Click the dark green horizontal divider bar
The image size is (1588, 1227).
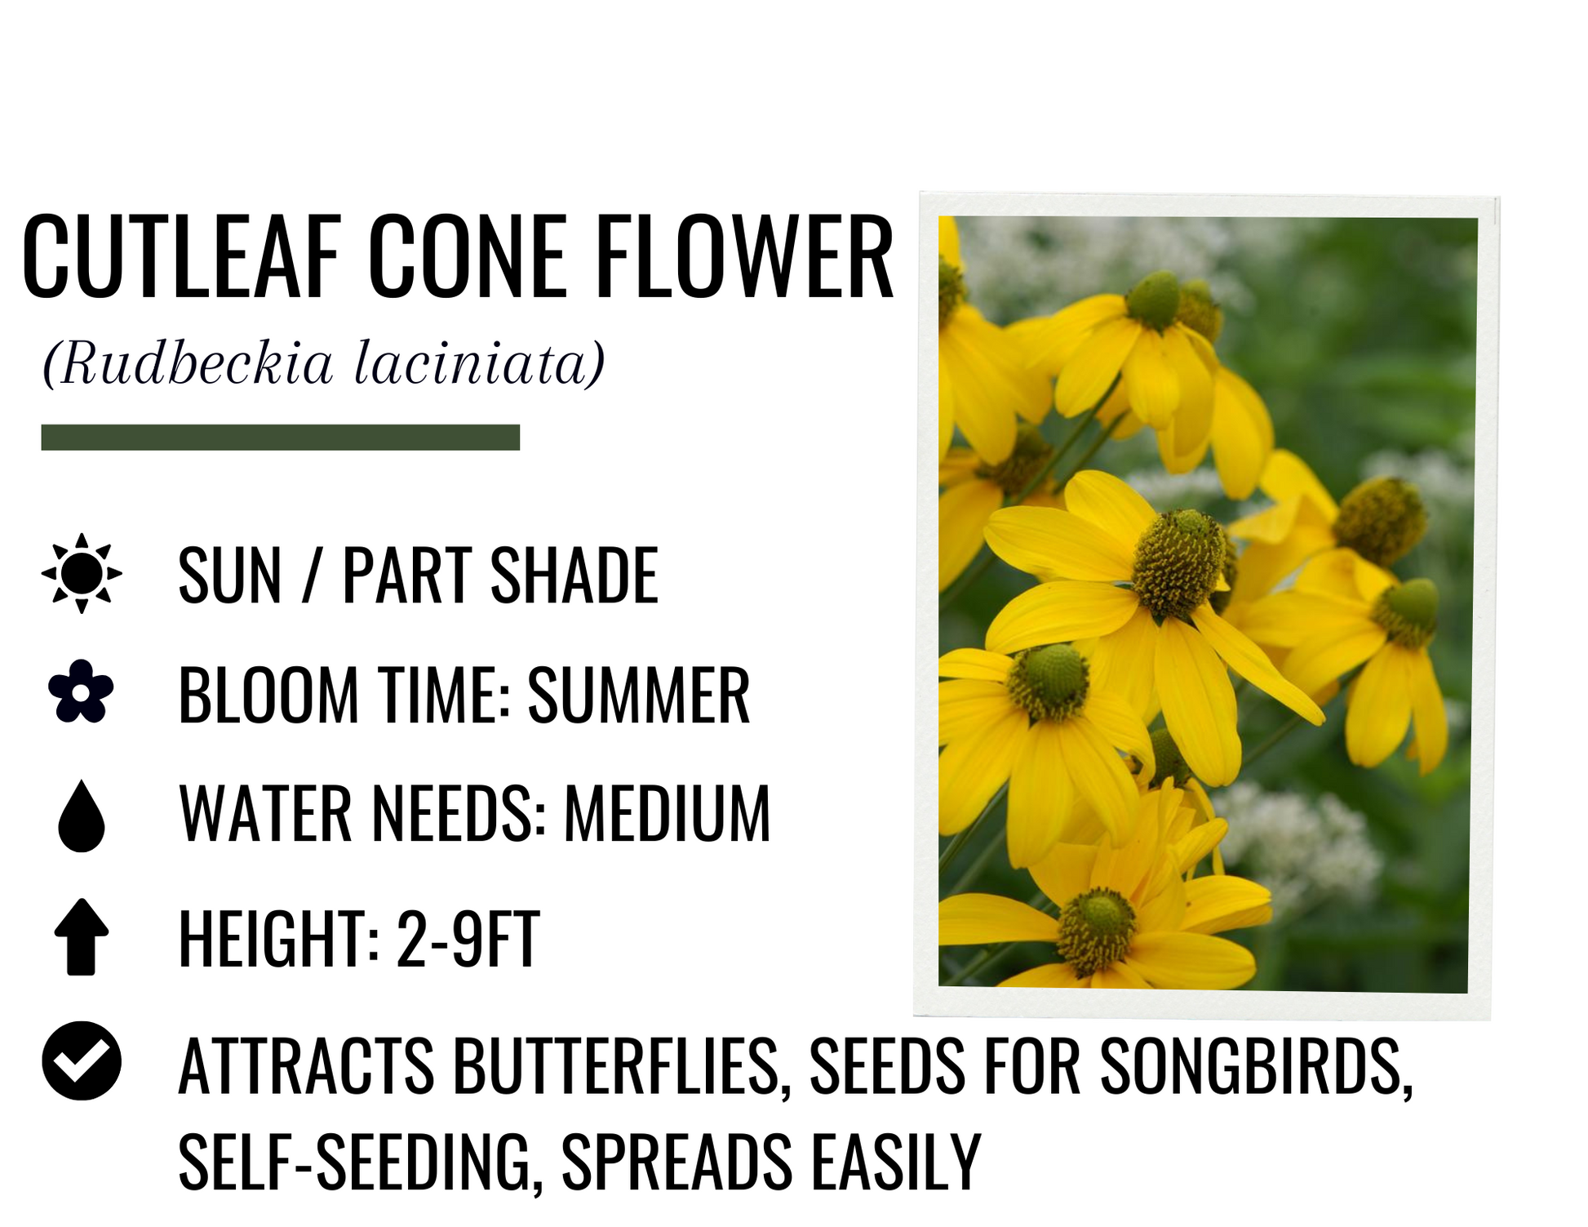280,438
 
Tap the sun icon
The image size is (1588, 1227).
82,574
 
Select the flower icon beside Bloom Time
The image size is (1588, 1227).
81,691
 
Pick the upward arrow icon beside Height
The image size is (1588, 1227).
82,937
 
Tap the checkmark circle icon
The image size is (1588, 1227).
82,1060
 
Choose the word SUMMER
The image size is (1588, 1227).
639,695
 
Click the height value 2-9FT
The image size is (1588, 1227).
468,939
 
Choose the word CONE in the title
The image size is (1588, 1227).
468,256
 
